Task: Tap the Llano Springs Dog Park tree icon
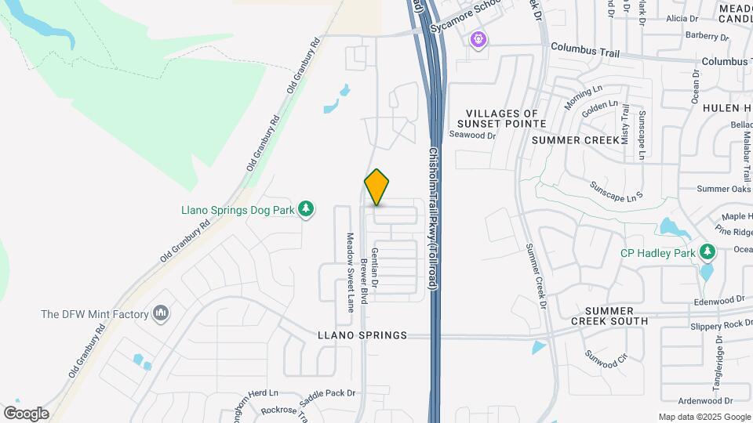pos(307,209)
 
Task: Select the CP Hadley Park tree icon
pos(708,252)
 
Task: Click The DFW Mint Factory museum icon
pos(162,314)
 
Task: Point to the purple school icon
pos(478,38)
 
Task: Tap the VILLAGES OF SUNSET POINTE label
pos(503,119)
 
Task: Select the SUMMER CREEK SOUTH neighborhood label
pos(609,316)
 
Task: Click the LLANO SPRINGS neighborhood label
pos(362,335)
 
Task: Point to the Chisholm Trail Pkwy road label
pos(432,219)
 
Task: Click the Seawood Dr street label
pos(473,135)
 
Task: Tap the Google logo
pos(26,414)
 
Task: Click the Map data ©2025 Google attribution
pos(704,417)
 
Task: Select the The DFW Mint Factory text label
pos(95,314)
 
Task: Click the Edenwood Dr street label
pos(718,300)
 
